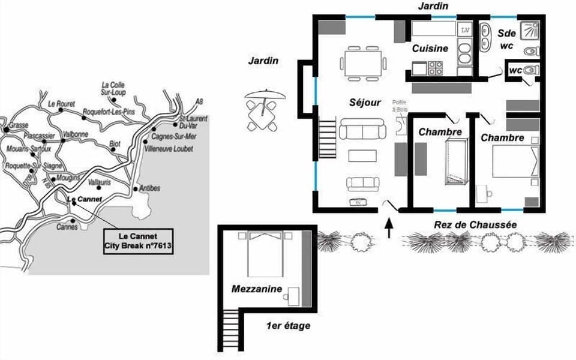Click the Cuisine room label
pyautogui.click(x=430, y=49)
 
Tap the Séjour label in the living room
pyautogui.click(x=365, y=103)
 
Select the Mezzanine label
pyautogui.click(x=257, y=289)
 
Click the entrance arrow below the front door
pyautogui.click(x=389, y=229)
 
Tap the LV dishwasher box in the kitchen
pyautogui.click(x=465, y=29)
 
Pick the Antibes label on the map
pyautogui.click(x=149, y=188)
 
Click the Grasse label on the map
pyautogui.click(x=19, y=125)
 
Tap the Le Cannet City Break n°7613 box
pyautogui.click(x=138, y=241)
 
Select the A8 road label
pyautogui.click(x=199, y=102)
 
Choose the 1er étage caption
pyautogui.click(x=289, y=326)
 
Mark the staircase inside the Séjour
pyautogui.click(x=328, y=138)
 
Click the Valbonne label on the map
pyautogui.click(x=76, y=134)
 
